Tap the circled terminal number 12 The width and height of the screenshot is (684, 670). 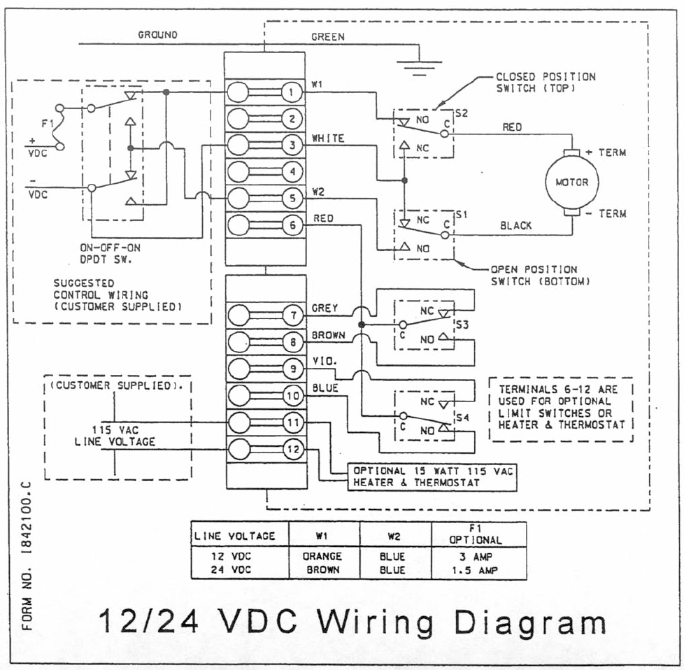pyautogui.click(x=292, y=449)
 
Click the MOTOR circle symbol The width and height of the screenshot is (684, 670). pyautogui.click(x=571, y=182)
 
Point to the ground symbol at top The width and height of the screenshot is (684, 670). pyautogui.click(x=419, y=66)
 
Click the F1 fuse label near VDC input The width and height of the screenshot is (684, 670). pyautogui.click(x=47, y=124)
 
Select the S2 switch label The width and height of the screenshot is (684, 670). pyautogui.click(x=461, y=112)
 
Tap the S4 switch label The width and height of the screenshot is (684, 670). pyautogui.click(x=461, y=418)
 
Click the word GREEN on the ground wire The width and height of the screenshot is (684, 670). pyautogui.click(x=327, y=36)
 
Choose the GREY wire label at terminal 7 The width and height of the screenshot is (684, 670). pyautogui.click(x=325, y=308)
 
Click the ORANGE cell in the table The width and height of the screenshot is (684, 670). pyautogui.click(x=322, y=557)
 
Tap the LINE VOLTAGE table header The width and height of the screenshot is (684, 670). pyautogui.click(x=235, y=536)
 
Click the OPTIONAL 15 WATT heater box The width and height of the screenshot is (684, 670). pyautogui.click(x=433, y=477)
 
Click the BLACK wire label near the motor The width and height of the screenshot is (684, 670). pyautogui.click(x=515, y=225)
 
